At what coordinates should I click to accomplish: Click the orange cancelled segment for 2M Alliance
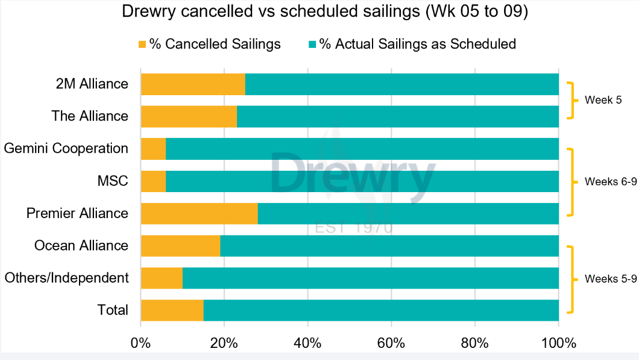[193, 84]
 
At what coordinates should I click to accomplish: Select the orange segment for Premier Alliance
[199, 213]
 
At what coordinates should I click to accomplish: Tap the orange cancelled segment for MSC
[153, 181]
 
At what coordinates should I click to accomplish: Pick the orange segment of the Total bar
[172, 310]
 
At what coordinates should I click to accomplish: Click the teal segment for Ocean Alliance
[389, 246]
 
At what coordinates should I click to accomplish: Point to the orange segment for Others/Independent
[161, 278]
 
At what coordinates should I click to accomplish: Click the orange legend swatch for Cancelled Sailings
[142, 44]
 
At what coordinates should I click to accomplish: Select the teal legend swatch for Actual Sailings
[312, 44]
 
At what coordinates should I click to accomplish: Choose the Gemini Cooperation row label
[66, 149]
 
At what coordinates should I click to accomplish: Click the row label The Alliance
[89, 117]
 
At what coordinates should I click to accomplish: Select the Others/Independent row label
[66, 278]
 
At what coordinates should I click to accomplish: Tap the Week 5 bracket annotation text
[603, 100]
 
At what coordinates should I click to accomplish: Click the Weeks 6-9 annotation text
[610, 182]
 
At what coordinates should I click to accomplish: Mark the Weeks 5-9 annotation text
[610, 279]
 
